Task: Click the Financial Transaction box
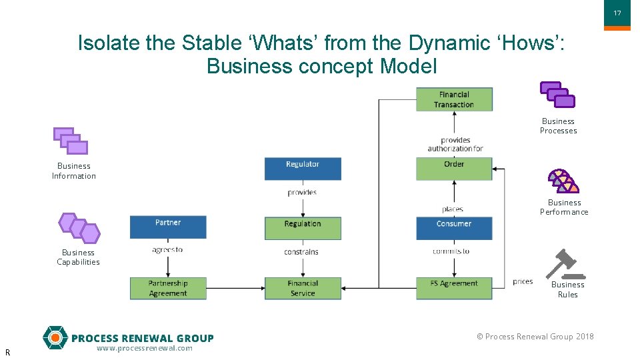[x=454, y=99]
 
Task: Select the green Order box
[x=454, y=169]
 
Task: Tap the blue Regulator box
[x=303, y=169]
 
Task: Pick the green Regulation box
[x=303, y=228]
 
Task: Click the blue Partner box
[x=168, y=227]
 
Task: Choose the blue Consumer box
[x=454, y=228]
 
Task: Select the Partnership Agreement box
[x=168, y=288]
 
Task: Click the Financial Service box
[x=303, y=288]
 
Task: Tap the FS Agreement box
[x=454, y=288]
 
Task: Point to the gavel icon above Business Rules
[x=564, y=264]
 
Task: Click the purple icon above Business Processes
[x=557, y=95]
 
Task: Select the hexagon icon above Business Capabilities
[x=79, y=228]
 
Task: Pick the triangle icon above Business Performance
[x=563, y=181]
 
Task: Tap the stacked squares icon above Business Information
[x=71, y=141]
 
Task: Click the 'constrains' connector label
[x=301, y=252]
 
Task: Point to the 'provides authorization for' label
[x=455, y=144]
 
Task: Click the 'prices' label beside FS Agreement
[x=523, y=281]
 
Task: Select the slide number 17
[x=617, y=13]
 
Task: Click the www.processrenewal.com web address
[x=144, y=348]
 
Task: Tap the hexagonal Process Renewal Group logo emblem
[x=55, y=338]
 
